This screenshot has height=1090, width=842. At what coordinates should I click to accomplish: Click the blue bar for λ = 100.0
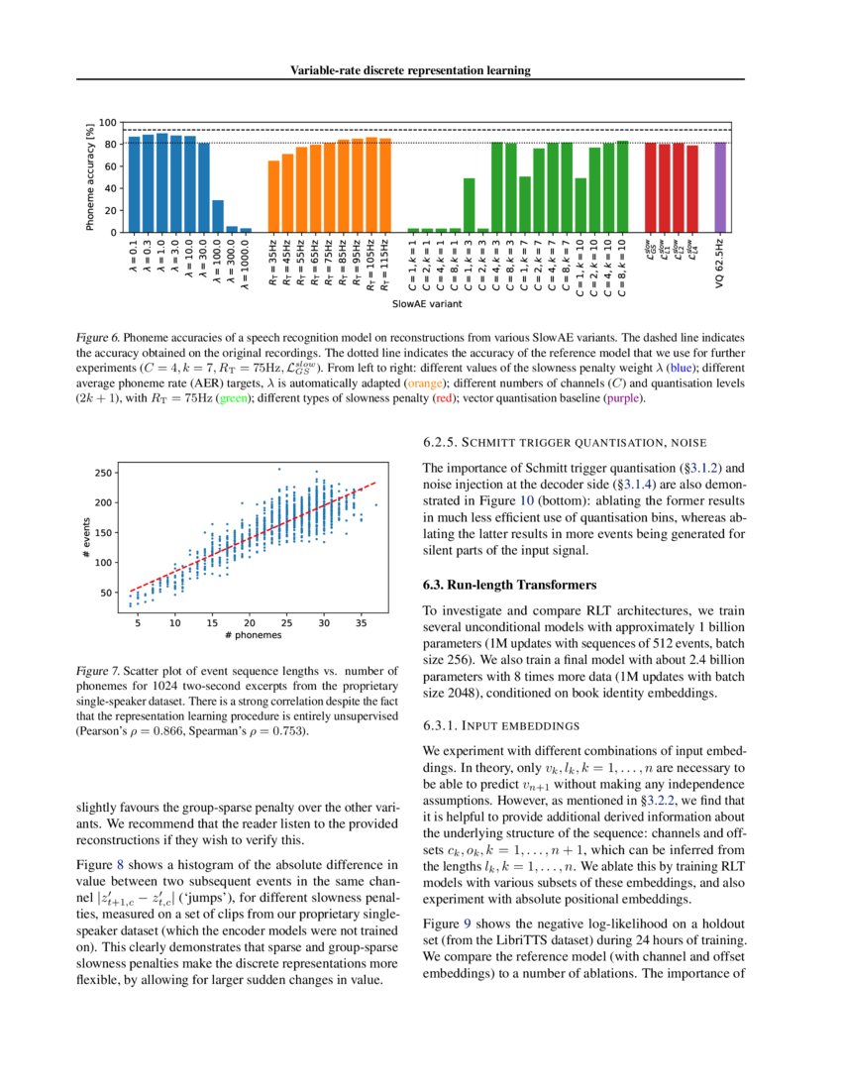pyautogui.click(x=218, y=217)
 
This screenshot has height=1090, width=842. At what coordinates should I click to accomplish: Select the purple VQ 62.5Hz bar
pyautogui.click(x=720, y=188)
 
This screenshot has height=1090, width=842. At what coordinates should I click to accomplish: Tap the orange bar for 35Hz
pyautogui.click(x=274, y=197)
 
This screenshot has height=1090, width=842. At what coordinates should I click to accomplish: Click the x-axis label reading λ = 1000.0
pyautogui.click(x=247, y=267)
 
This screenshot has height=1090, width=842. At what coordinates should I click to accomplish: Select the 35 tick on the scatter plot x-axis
pyautogui.click(x=361, y=622)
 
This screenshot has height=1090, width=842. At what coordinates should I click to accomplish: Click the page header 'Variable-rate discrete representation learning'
pyautogui.click(x=410, y=70)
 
